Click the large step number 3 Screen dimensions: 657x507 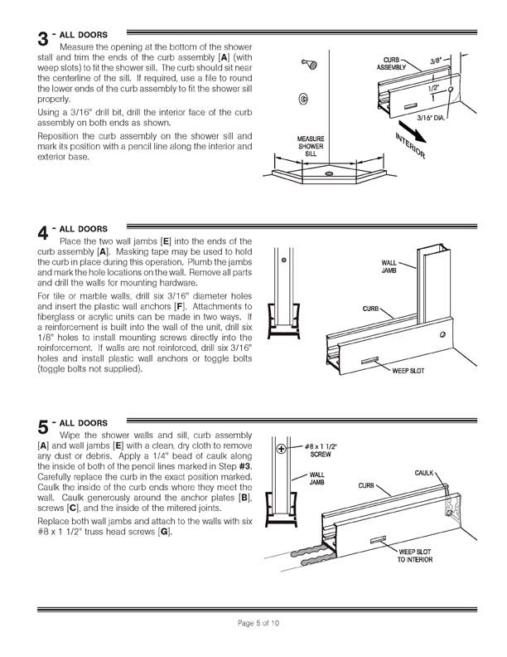43,40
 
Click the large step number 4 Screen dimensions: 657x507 43,233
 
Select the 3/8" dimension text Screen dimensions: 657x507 437,61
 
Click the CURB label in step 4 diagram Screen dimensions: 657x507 370,309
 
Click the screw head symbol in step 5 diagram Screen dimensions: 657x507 282,449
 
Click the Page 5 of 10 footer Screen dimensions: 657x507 254,623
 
